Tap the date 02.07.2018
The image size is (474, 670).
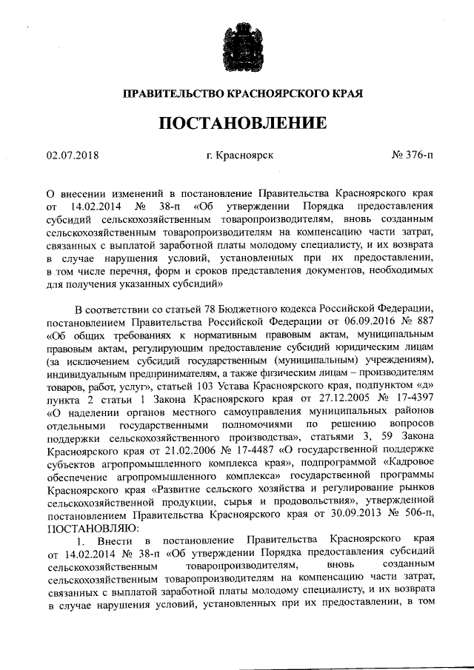click(x=73, y=155)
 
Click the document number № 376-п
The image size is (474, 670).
click(x=413, y=155)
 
